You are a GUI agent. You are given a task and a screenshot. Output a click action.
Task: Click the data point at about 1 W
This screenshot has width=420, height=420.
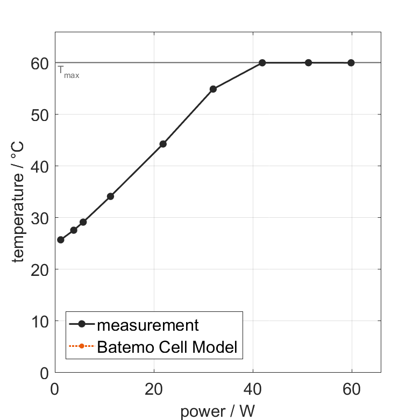(61, 240)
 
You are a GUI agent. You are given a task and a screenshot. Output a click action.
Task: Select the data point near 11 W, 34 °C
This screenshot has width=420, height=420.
(110, 196)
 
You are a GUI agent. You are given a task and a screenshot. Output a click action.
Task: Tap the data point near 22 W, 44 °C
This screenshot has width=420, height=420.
(163, 144)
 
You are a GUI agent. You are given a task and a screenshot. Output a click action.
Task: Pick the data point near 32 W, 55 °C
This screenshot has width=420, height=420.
(213, 89)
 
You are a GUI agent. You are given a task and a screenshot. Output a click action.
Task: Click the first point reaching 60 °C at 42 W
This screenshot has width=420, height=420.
(262, 63)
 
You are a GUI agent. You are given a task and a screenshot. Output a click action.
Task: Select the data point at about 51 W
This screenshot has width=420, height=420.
(308, 63)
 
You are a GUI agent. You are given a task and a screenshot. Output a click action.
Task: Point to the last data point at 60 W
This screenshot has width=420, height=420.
(351, 63)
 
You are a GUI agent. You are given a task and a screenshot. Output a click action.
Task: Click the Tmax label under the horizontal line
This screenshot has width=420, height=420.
(68, 72)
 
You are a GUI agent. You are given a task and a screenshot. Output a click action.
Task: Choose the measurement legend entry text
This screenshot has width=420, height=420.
(148, 325)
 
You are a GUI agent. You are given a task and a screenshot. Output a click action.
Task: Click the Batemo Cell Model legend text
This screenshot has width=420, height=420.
(167, 347)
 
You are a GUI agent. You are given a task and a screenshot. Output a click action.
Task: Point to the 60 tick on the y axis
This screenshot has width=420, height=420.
(40, 63)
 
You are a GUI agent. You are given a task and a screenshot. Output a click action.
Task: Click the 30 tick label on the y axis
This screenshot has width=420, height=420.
(40, 218)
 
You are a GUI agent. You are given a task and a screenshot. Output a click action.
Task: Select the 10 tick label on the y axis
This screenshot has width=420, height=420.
(40, 322)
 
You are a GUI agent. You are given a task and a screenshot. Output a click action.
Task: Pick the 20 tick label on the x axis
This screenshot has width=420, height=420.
(154, 389)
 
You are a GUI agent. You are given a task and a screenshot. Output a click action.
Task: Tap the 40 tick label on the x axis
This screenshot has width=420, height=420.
(253, 389)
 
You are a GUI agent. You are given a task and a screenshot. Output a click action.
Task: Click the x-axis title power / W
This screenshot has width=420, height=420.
(217, 411)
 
